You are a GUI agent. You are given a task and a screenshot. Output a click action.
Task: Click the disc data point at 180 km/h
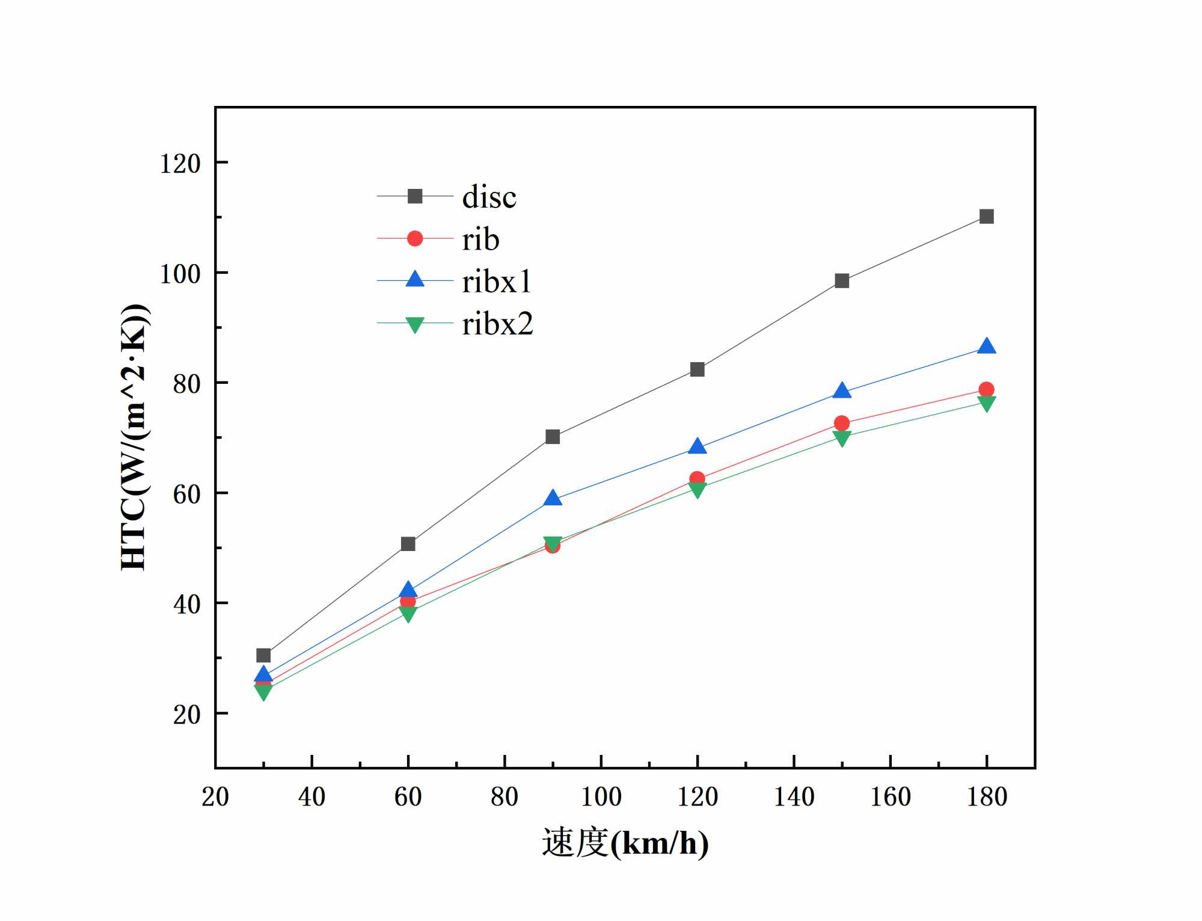[x=986, y=217]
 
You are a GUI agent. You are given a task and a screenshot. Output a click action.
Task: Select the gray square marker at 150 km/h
[x=842, y=281]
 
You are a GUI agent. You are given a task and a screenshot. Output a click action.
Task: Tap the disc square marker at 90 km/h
[x=553, y=437]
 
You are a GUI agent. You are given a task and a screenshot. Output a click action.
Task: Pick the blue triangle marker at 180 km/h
[x=986, y=347]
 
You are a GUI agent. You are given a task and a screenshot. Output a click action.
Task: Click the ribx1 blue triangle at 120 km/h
[x=697, y=446]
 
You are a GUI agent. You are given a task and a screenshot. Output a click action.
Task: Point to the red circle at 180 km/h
[x=986, y=389]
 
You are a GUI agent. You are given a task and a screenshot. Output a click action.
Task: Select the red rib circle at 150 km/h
[x=842, y=423]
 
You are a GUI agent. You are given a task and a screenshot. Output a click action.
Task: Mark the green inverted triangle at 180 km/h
[x=986, y=403]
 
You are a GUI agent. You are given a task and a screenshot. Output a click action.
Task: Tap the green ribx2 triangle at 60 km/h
[x=408, y=614]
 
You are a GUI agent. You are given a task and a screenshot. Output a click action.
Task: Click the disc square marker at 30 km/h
[x=263, y=655]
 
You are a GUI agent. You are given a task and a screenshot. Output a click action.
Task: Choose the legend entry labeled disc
[x=488, y=197]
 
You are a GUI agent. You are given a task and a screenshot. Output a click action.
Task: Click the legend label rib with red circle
[x=480, y=239]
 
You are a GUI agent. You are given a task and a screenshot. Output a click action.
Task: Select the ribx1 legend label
[x=496, y=282]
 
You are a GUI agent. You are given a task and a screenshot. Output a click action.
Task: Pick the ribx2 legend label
[x=497, y=324]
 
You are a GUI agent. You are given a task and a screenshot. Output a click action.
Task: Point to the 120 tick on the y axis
[x=180, y=164]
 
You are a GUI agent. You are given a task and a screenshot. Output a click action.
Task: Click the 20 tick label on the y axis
[x=186, y=715]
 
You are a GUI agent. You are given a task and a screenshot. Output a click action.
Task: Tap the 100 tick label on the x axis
[x=601, y=796]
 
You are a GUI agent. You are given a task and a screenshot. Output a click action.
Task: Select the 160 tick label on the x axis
[x=890, y=796]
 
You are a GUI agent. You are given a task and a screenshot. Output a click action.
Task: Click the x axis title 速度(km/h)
[x=625, y=843]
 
